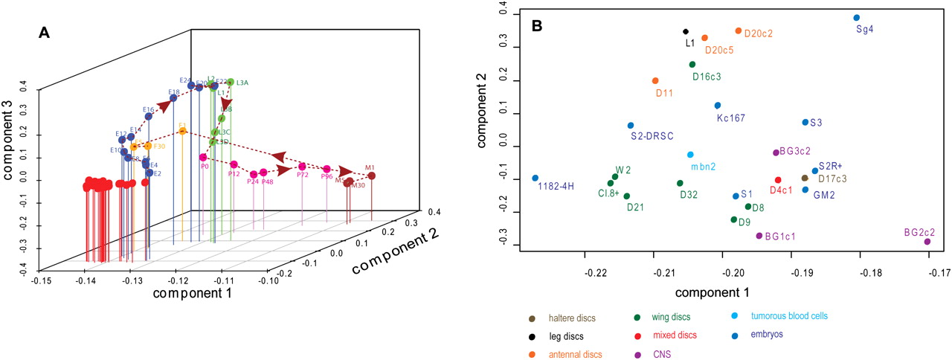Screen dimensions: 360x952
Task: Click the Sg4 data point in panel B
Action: tap(857, 18)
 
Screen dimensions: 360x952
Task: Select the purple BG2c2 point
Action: tap(927, 242)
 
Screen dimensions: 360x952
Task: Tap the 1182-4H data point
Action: tap(535, 179)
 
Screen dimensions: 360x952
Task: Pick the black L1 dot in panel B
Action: tap(686, 32)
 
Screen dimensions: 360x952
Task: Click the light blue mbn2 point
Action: tap(690, 155)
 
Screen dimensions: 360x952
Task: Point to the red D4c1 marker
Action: tap(778, 180)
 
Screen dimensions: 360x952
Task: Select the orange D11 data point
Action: tap(655, 81)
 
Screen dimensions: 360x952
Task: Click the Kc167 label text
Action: tap(732, 118)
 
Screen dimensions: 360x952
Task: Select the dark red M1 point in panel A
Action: tap(371, 176)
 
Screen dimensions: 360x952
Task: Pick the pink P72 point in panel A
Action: tap(302, 166)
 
